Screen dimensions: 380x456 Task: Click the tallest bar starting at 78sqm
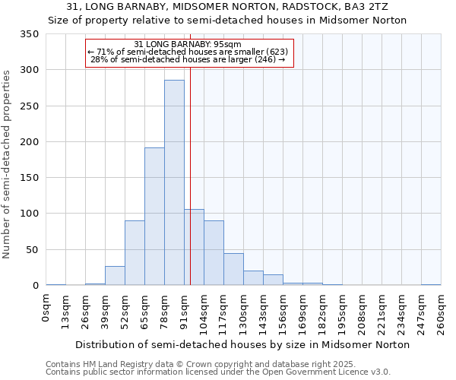(174, 182)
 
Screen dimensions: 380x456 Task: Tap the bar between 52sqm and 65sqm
(135, 253)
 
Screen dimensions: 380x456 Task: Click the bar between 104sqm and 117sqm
(214, 253)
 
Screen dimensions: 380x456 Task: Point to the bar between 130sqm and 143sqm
(253, 278)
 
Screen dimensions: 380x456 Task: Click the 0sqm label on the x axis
(46, 308)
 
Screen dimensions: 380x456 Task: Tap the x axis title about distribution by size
(243, 344)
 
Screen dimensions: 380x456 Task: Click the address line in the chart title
(227, 7)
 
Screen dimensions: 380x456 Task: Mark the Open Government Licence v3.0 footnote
(217, 372)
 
